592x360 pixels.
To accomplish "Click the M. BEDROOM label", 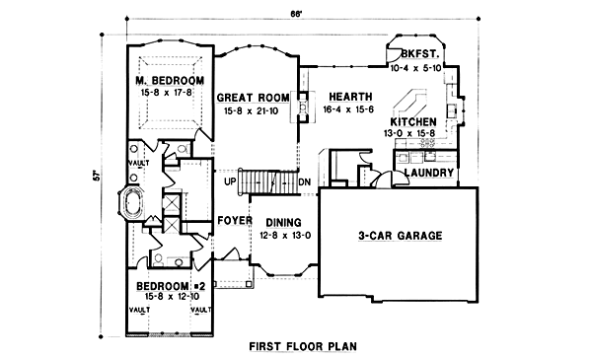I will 170,80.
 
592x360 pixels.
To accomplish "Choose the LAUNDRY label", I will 429,175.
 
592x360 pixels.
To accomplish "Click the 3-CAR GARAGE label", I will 400,236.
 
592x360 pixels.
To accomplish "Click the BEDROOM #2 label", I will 170,286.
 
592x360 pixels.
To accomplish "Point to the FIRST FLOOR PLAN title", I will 303,346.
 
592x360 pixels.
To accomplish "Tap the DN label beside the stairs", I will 305,182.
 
